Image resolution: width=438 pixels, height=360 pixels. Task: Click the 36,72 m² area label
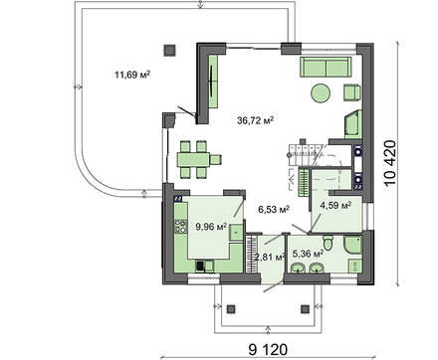click(256, 119)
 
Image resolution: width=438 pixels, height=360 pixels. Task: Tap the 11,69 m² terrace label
click(131, 74)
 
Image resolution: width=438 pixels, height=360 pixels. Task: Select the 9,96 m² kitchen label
click(210, 227)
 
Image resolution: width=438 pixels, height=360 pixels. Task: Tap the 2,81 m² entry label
click(270, 258)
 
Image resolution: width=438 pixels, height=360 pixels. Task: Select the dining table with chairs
click(199, 156)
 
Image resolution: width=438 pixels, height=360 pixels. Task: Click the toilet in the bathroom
click(340, 248)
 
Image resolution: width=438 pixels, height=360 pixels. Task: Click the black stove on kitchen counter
click(200, 266)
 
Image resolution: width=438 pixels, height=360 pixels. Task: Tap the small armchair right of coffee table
click(351, 93)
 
